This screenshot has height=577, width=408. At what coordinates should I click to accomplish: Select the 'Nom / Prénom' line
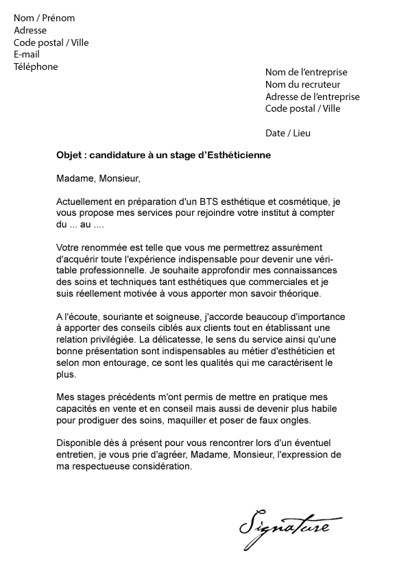(x=44, y=18)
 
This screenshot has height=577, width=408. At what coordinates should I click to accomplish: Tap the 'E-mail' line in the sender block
(x=27, y=54)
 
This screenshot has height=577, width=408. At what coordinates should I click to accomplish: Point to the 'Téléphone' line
(x=36, y=66)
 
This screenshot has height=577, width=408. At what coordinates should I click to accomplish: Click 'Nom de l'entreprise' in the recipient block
(x=306, y=72)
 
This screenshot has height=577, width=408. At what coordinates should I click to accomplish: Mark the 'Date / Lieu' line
(x=287, y=133)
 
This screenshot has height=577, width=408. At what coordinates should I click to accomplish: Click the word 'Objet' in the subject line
(x=69, y=156)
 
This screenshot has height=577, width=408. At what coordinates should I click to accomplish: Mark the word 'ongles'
(x=296, y=421)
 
